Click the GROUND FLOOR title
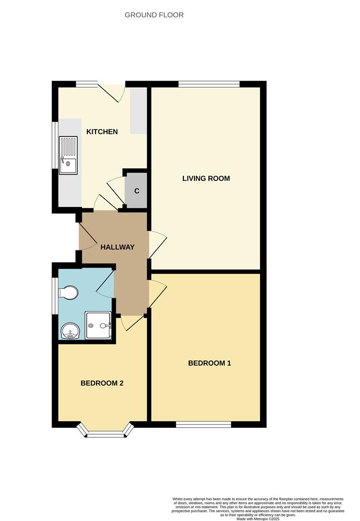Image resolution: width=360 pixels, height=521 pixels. click(x=154, y=15)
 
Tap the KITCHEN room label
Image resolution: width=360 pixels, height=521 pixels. click(x=102, y=132)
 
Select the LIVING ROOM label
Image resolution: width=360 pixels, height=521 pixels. click(x=206, y=178)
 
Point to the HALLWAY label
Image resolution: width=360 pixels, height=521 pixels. click(x=117, y=247)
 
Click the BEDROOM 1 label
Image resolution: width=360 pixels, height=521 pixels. click(x=209, y=363)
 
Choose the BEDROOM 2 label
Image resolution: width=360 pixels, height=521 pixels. click(x=102, y=383)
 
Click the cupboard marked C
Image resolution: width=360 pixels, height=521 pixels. click(x=137, y=191)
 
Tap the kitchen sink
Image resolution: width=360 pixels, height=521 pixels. click(x=68, y=154)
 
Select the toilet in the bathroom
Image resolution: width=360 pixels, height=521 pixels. click(x=67, y=293)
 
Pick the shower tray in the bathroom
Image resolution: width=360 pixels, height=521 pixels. click(x=98, y=326)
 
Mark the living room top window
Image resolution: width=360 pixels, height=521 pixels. click(x=209, y=84)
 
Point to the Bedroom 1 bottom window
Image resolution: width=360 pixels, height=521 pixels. click(x=203, y=424)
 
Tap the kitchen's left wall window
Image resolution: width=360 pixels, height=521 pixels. click(x=55, y=144)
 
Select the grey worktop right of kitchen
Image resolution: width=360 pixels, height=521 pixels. click(x=138, y=111)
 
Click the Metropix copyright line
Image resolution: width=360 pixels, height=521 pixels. click(x=258, y=519)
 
